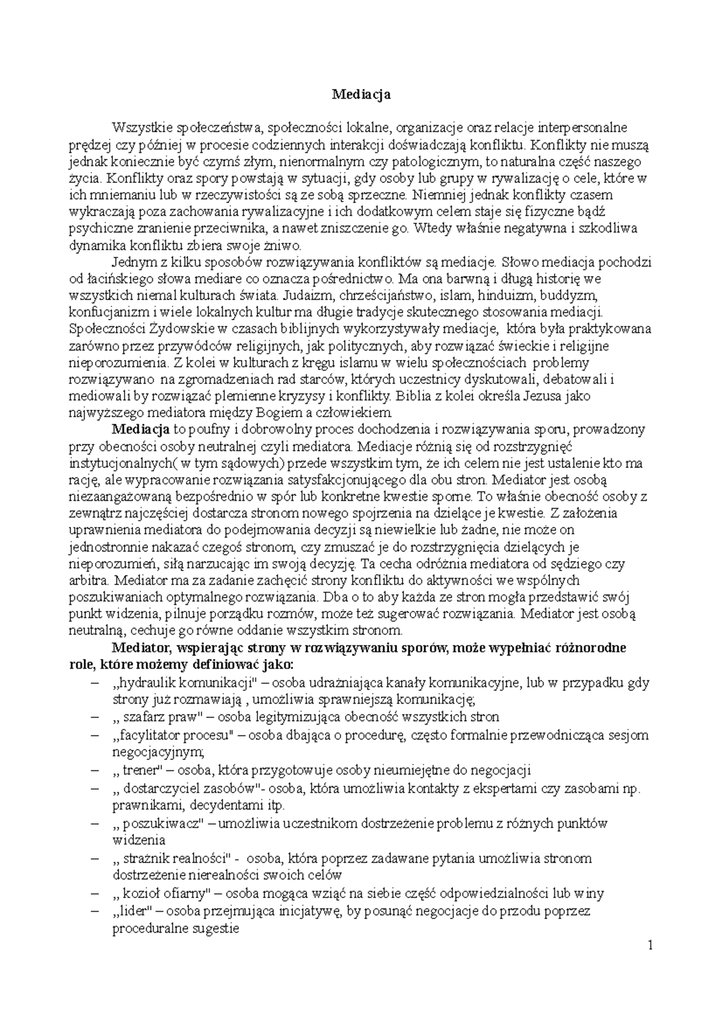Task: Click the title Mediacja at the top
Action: (x=361, y=94)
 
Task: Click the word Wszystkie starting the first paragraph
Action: (x=142, y=128)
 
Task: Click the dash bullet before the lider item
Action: (x=94, y=911)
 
